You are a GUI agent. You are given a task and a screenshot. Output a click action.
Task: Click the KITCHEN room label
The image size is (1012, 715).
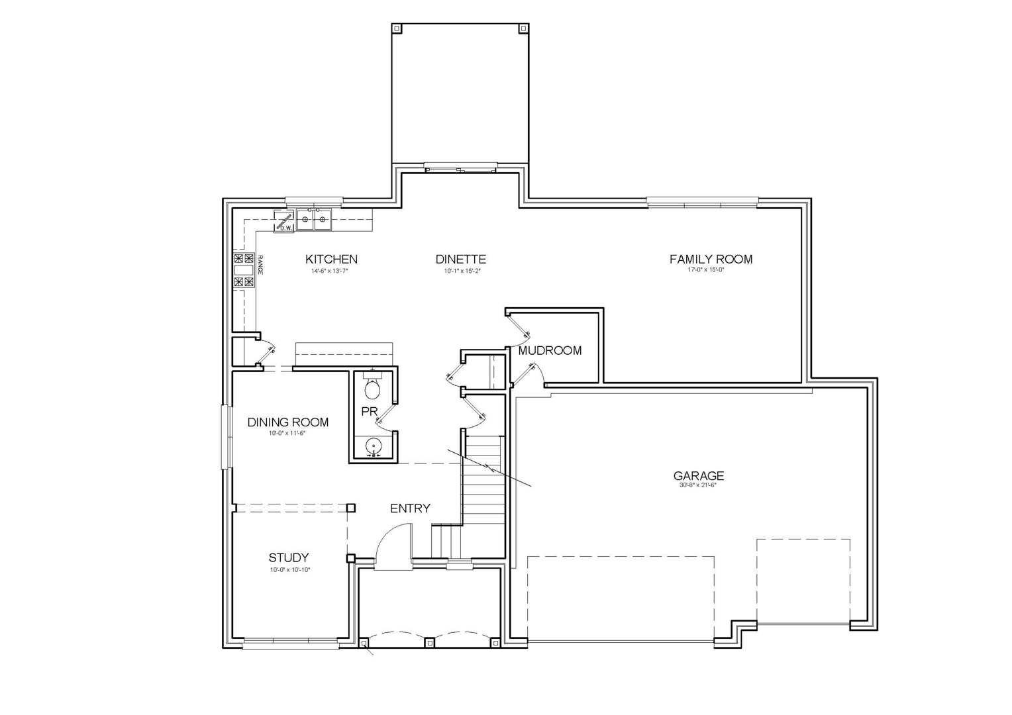tap(331, 260)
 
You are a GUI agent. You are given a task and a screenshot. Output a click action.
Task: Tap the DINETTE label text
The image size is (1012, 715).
tap(461, 260)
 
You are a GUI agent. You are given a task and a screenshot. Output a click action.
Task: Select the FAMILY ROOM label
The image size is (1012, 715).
tap(711, 260)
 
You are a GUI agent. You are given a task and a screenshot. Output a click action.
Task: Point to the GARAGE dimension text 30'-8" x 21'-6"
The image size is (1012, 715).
tap(698, 485)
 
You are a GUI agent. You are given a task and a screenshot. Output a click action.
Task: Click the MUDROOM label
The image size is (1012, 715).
tap(550, 351)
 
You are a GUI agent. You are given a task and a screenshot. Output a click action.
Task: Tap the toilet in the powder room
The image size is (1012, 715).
tap(373, 387)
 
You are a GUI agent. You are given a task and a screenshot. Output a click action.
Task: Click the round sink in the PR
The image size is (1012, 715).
tap(374, 445)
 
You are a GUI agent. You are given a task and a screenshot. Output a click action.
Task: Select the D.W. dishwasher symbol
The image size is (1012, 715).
tap(285, 222)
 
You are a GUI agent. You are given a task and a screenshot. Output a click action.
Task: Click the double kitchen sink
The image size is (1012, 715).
tap(314, 219)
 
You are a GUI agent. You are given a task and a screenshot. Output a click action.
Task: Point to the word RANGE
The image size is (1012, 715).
tap(260, 265)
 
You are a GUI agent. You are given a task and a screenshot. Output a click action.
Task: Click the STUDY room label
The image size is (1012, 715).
tap(288, 558)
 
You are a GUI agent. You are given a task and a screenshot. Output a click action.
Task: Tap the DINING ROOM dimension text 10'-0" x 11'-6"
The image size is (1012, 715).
tap(288, 434)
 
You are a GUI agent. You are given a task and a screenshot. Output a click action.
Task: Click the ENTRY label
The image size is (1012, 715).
tap(410, 508)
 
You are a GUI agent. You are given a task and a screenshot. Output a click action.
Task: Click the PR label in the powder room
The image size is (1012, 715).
tap(369, 411)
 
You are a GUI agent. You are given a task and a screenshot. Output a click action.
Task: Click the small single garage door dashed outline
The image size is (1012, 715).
tap(803, 581)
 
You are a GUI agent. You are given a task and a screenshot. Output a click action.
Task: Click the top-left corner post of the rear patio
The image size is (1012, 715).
tap(397, 28)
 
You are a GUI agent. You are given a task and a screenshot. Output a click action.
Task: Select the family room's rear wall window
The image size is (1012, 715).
tap(702, 203)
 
